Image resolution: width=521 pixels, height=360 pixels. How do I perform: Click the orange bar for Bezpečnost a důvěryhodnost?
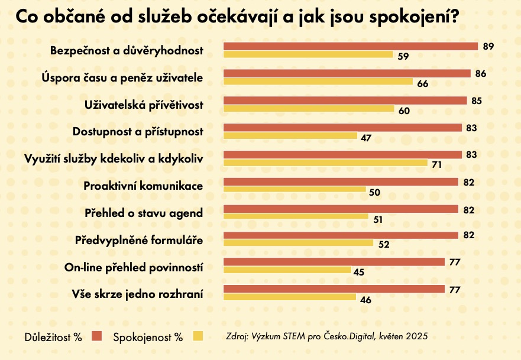pyautogui.click(x=350, y=46)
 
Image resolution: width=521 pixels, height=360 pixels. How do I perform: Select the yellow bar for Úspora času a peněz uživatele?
pyautogui.click(x=318, y=82)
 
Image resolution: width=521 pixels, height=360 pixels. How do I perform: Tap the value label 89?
pyautogui.click(x=488, y=46)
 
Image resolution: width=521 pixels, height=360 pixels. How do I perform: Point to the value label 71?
pyautogui.click(x=437, y=164)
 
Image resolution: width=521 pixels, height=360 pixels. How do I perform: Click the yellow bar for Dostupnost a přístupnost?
pyautogui.click(x=290, y=136)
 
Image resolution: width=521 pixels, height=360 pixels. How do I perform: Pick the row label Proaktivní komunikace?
pyautogui.click(x=143, y=186)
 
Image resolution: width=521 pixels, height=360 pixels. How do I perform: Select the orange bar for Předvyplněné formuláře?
pyautogui.click(x=340, y=235)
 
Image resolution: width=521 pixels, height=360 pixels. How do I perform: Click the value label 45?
pyautogui.click(x=358, y=272)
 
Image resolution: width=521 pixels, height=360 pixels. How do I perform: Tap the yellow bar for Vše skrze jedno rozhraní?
pyautogui.click(x=289, y=297)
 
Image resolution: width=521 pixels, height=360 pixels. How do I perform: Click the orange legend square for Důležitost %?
pyautogui.click(x=97, y=337)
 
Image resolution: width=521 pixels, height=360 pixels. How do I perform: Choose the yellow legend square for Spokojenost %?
pyautogui.click(x=198, y=337)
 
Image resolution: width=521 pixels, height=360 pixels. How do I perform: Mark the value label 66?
pyautogui.click(x=422, y=83)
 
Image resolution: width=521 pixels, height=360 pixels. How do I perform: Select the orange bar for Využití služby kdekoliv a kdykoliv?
pyautogui.click(x=342, y=155)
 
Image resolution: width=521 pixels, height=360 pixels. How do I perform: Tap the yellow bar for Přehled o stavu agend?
pyautogui.click(x=296, y=216)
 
